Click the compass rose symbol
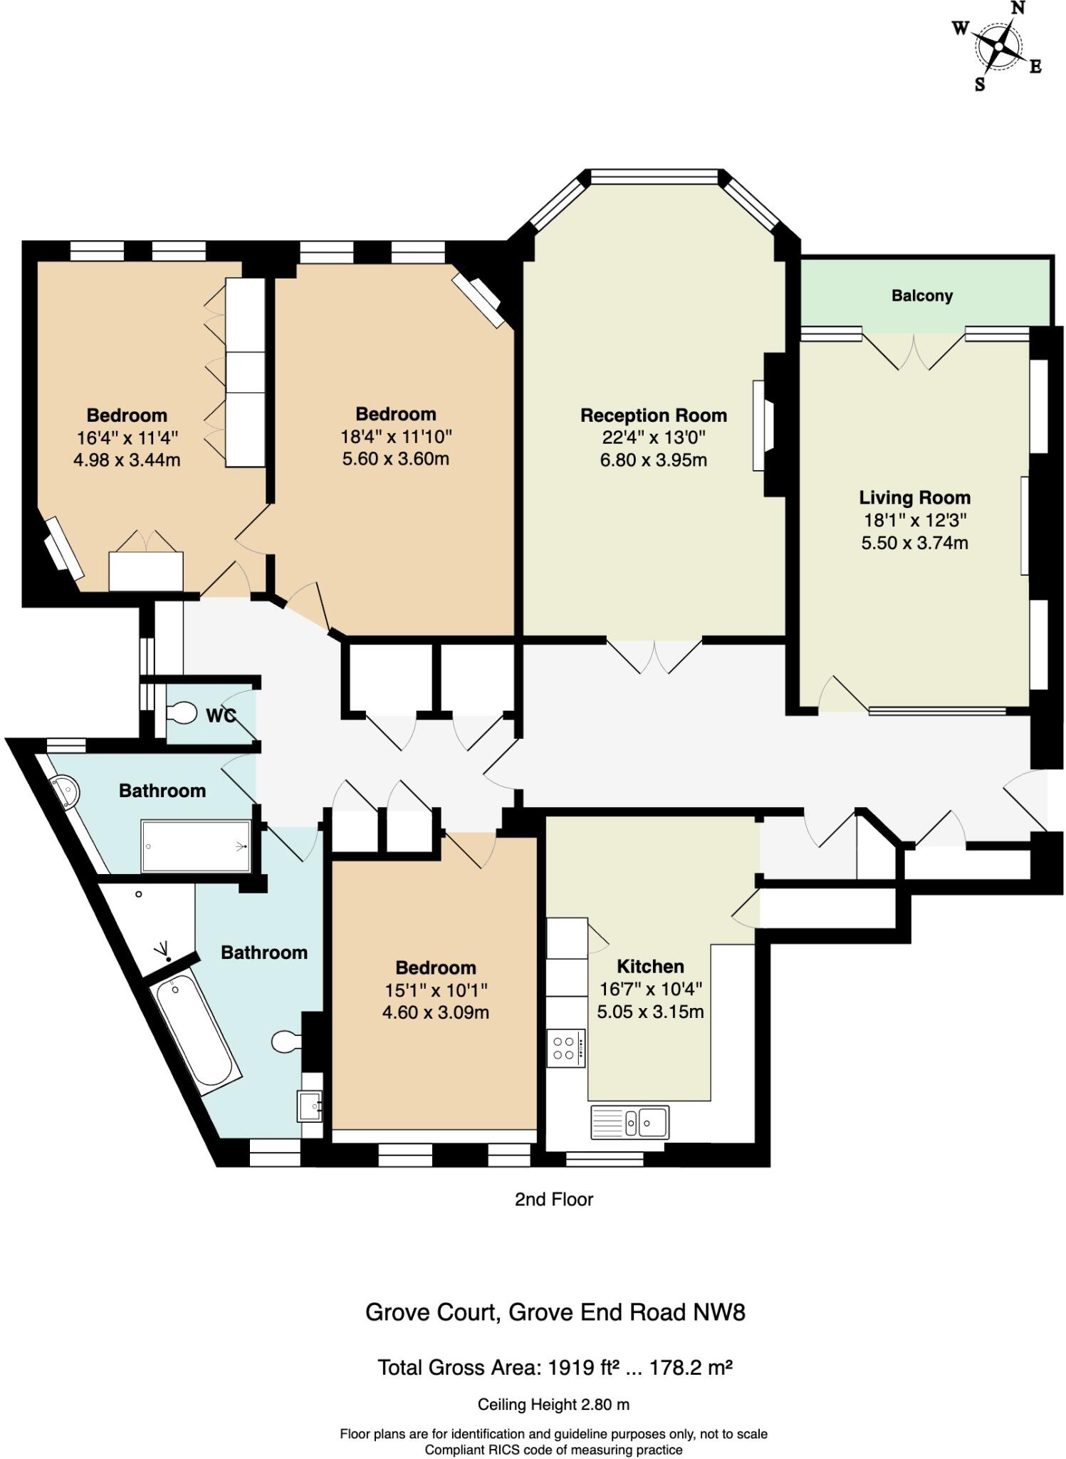point(998,47)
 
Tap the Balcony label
point(921,296)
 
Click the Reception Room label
point(653,415)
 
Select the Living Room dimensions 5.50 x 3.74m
point(914,543)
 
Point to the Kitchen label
point(649,967)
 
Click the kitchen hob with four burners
point(565,1048)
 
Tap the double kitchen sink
point(629,1123)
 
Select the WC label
point(221,716)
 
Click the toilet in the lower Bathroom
point(286,1042)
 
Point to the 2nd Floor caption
point(553,1200)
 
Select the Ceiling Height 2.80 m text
point(553,1405)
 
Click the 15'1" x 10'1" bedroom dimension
point(435,990)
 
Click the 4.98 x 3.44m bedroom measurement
point(127,460)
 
